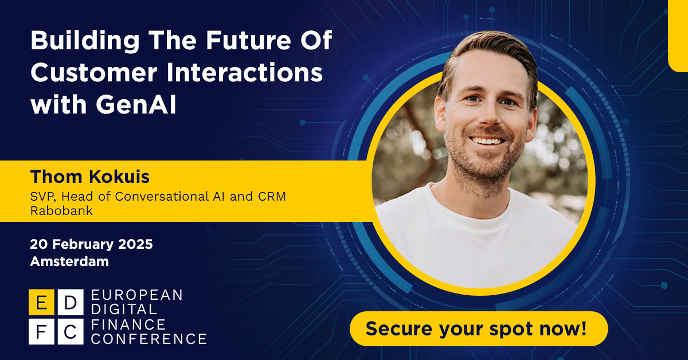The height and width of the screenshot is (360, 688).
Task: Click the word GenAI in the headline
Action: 136,104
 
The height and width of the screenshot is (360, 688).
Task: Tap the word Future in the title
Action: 248,40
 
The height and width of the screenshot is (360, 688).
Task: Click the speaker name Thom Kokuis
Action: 89,177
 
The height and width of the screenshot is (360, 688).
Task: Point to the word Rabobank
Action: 61,211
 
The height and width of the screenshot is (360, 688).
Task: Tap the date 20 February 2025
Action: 91,244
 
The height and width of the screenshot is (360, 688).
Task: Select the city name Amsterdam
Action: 69,261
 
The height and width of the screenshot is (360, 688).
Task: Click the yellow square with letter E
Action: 41,302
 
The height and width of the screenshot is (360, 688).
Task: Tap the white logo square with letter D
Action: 71,302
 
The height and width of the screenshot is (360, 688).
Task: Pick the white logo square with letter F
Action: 41,331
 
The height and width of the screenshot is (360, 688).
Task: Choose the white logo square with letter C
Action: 71,331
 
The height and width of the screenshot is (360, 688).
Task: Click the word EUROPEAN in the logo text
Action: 136,295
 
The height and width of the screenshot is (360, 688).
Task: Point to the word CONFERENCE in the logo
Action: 149,339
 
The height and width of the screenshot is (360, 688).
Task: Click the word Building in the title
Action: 85,41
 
